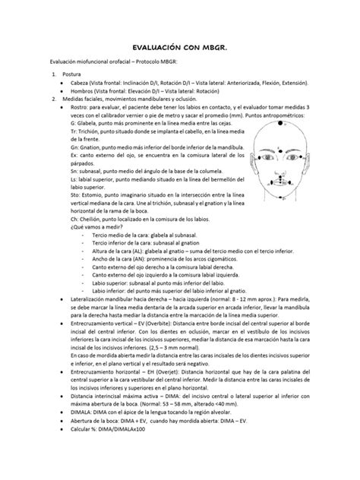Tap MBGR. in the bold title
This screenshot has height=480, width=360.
coord(213,45)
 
